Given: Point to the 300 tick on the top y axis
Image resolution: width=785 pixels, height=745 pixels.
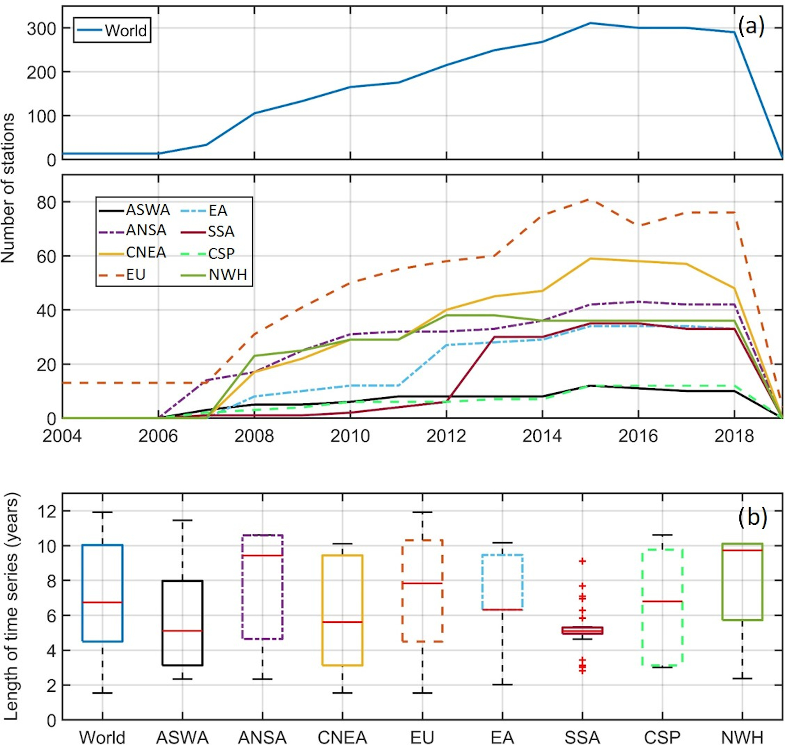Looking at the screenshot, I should (x=42, y=29).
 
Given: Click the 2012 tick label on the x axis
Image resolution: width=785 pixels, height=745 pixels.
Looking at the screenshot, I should (x=446, y=436).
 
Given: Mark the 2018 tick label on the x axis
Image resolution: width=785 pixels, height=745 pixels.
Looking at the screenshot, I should (x=734, y=436).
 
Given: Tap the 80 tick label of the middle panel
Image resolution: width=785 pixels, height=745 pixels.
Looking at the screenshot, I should (x=47, y=203).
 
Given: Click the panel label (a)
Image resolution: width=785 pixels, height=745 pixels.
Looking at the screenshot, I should (x=751, y=26).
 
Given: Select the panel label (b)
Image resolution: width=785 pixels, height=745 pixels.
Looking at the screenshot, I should (x=752, y=516).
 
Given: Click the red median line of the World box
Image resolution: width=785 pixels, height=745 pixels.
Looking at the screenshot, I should (x=102, y=602).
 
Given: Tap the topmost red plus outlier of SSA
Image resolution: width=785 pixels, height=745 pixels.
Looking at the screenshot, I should (x=583, y=561).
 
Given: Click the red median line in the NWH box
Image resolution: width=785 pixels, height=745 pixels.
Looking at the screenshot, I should (x=742, y=550).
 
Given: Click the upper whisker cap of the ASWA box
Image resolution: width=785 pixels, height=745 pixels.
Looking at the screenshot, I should (x=182, y=520).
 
